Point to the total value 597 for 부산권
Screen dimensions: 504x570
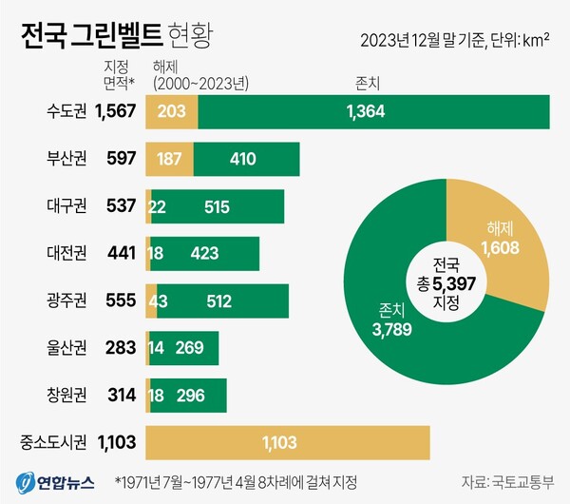coord(121,159)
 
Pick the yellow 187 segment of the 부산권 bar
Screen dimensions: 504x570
coord(168,159)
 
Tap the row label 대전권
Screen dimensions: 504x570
coord(67,253)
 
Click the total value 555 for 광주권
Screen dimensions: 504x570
coord(121,300)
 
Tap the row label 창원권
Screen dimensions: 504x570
coord(67,394)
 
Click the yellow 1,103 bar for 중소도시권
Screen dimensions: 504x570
coord(287,441)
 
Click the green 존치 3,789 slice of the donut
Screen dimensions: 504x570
coord(389,319)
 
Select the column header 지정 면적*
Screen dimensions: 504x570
coord(119,73)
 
